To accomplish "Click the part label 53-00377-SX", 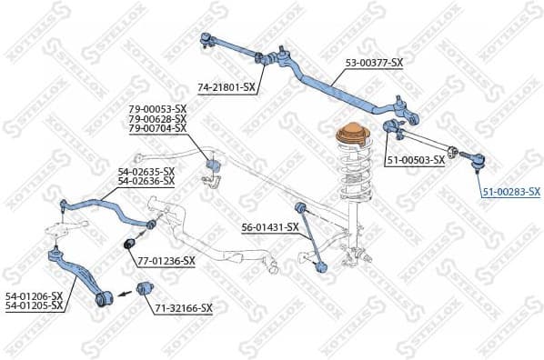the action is tap(373, 62).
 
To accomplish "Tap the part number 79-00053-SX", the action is tap(157, 110).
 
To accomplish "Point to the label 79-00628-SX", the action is tap(157, 119).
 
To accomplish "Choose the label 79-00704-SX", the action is tap(157, 128).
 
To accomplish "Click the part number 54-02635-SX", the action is tap(146, 171).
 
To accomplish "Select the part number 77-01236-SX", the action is tap(166, 261).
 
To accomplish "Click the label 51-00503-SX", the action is tap(415, 159).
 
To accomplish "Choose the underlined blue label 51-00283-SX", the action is tap(510, 191).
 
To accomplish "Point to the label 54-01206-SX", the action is tap(34, 296).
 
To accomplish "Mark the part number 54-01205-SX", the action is tap(34, 305).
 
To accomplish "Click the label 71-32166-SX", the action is tap(183, 308).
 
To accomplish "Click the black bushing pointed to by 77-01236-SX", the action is tap(130, 245).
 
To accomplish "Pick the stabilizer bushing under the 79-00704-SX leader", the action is tap(215, 166).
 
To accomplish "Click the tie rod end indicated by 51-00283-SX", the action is tap(476, 162).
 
